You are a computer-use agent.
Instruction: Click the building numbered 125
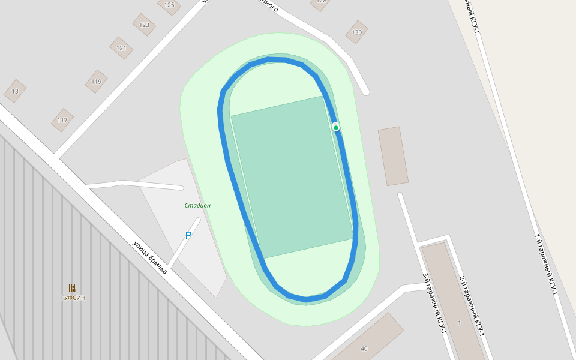coord(169,5)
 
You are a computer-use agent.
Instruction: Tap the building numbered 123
coord(144,25)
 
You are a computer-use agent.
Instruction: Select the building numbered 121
coord(121,48)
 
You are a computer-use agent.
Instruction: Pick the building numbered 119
coord(96,82)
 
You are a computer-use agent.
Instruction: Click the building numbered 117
coord(62,120)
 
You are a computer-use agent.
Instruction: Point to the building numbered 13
coord(15,91)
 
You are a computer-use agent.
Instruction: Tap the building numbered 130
coord(356,32)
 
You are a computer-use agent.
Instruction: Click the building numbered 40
coord(364,348)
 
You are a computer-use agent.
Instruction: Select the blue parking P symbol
coord(188,236)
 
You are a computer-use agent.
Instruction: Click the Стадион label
coord(197,205)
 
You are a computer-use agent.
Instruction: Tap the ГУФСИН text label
coord(73,298)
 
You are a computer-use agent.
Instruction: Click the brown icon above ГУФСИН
coord(73,288)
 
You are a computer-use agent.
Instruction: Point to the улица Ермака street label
coord(149,257)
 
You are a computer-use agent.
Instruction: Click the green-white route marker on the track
coord(336,127)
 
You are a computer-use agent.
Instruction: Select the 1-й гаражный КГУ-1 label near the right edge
coord(546,264)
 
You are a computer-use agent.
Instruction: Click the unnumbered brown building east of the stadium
coord(393,156)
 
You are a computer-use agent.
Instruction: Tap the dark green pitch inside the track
coord(292,178)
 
